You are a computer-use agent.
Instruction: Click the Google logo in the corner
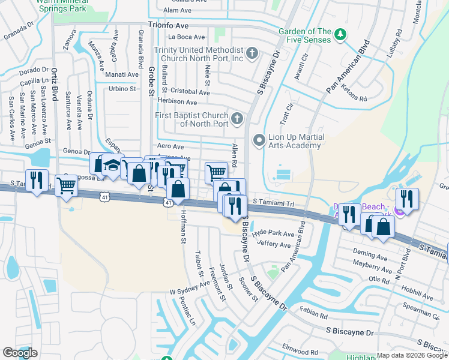(20, 353)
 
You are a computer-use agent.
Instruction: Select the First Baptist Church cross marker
(238, 117)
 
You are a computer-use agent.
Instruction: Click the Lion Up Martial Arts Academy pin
(259, 140)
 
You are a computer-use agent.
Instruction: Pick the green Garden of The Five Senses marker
(341, 33)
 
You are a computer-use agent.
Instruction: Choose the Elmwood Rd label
(301, 351)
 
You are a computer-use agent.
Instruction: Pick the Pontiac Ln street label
(187, 311)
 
